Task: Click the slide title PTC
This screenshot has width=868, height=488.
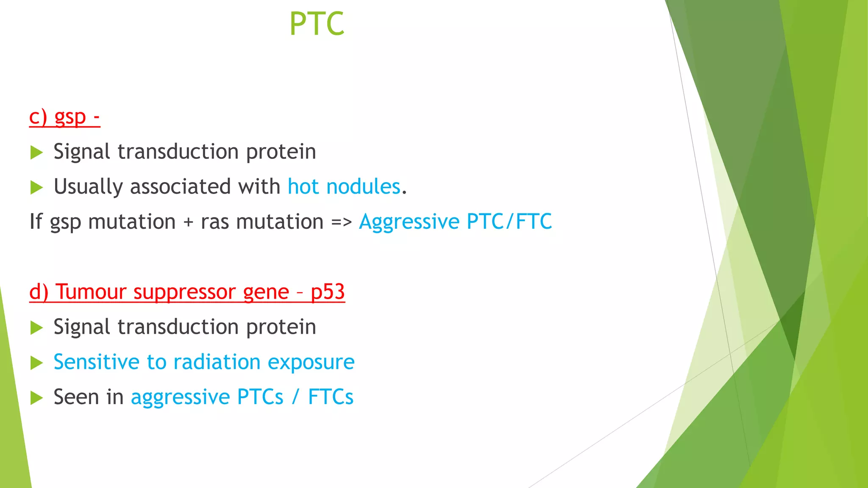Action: coord(317,24)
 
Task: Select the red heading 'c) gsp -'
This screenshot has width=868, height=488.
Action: coord(64,117)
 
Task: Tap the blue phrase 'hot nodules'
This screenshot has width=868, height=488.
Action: coord(344,187)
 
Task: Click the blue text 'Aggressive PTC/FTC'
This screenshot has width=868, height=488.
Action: coord(455,222)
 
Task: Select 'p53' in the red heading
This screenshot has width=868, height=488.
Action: coord(328,292)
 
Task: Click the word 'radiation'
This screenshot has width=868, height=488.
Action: coord(217,362)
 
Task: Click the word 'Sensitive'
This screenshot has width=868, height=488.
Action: coord(96,362)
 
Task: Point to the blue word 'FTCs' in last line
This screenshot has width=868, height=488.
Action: coord(331,397)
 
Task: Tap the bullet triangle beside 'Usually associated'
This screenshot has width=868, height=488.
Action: coord(37,188)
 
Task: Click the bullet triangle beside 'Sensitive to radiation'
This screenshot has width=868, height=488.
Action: coord(37,363)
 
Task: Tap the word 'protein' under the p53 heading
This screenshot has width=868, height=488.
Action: coord(281,327)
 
